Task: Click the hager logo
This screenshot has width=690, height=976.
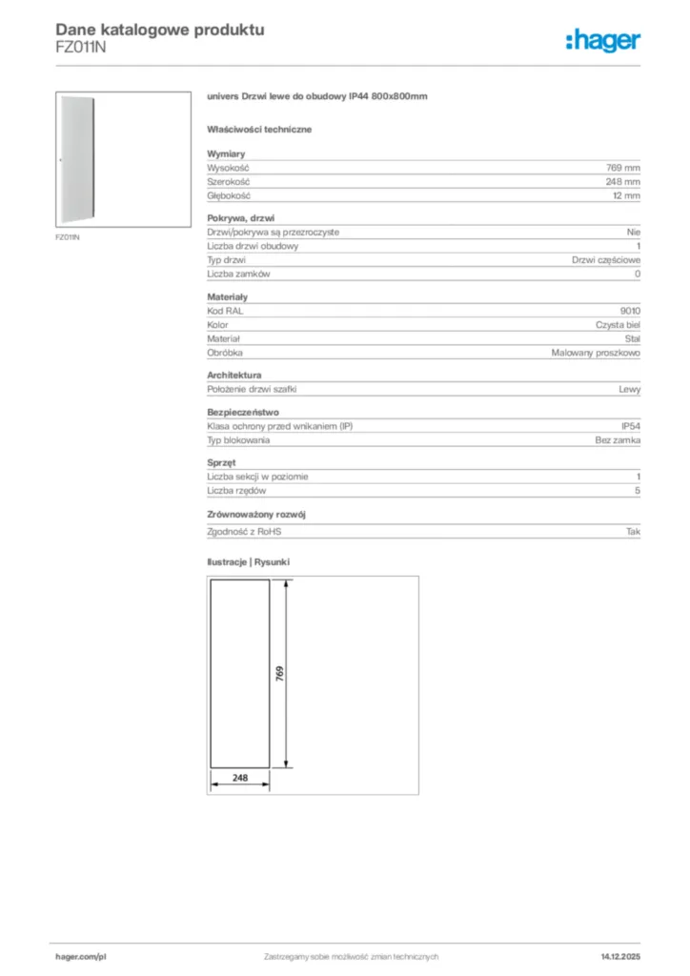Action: (602, 39)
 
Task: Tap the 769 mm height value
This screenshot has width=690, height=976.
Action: (623, 167)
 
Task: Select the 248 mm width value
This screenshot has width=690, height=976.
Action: (623, 181)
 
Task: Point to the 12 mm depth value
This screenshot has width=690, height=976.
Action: (626, 195)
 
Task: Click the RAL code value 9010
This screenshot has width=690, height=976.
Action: (630, 311)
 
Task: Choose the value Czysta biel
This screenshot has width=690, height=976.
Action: (618, 325)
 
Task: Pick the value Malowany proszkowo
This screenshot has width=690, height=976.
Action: (596, 353)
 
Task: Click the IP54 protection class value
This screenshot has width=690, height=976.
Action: (631, 426)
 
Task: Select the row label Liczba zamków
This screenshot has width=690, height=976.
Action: (239, 274)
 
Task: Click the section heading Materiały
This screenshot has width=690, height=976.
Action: (227, 296)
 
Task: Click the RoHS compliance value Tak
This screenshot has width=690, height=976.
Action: (633, 532)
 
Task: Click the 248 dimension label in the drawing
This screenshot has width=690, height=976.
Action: (239, 778)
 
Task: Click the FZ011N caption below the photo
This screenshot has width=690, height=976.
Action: (66, 236)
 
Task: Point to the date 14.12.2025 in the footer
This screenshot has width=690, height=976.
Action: (620, 956)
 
